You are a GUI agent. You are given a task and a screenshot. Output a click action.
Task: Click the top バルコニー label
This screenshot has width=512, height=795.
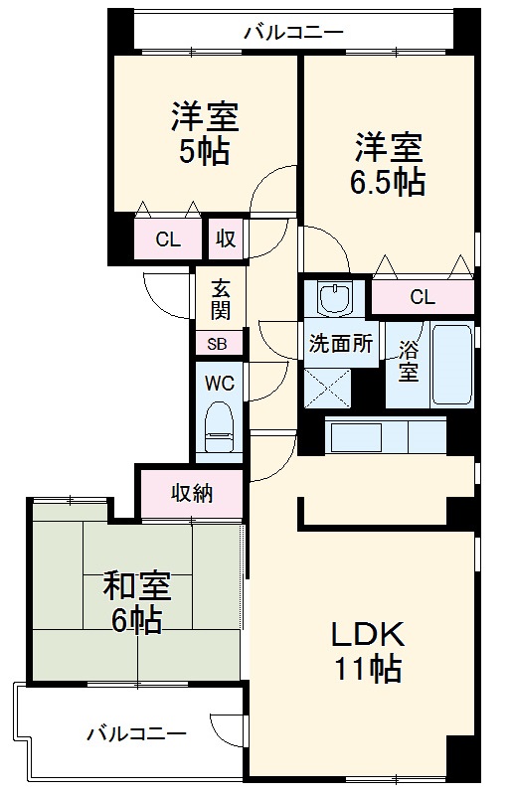click(x=294, y=33)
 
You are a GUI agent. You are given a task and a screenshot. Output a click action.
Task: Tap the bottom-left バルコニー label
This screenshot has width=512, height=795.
click(x=136, y=733)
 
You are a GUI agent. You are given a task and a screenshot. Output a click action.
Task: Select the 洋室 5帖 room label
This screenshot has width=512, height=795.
click(x=205, y=133)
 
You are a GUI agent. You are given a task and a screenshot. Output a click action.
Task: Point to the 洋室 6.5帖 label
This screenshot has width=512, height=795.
click(x=388, y=164)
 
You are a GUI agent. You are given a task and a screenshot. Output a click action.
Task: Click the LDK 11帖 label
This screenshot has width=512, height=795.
click(x=368, y=651)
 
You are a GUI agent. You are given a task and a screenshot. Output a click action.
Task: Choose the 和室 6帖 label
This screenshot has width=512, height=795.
click(x=137, y=602)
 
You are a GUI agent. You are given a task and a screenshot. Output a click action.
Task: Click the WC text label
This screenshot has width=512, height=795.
click(x=219, y=383)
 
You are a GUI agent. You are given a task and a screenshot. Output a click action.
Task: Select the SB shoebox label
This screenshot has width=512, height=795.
click(x=217, y=344)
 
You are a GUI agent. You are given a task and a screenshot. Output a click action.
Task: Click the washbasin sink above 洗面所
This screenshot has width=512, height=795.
click(x=333, y=298)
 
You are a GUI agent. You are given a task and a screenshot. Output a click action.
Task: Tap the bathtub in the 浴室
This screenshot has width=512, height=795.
click(x=451, y=365)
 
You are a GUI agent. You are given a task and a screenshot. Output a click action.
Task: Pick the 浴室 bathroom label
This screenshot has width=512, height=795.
click(x=409, y=361)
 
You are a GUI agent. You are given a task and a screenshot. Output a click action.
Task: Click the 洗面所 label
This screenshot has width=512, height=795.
click(x=341, y=344)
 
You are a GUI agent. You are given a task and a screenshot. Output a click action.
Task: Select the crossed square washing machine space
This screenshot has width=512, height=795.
click(x=327, y=388)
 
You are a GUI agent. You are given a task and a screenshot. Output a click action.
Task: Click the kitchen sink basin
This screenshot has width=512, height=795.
click(x=356, y=437)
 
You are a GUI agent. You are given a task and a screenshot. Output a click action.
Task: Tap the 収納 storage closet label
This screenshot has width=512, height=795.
click(x=192, y=493)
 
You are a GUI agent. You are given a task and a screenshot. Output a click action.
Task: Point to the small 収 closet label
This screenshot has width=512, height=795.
click(x=226, y=238)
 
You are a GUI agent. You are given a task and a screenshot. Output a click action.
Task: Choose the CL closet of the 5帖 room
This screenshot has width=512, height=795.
click(x=168, y=238)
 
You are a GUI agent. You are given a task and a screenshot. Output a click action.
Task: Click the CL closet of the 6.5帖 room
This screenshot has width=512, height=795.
click(x=423, y=296)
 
